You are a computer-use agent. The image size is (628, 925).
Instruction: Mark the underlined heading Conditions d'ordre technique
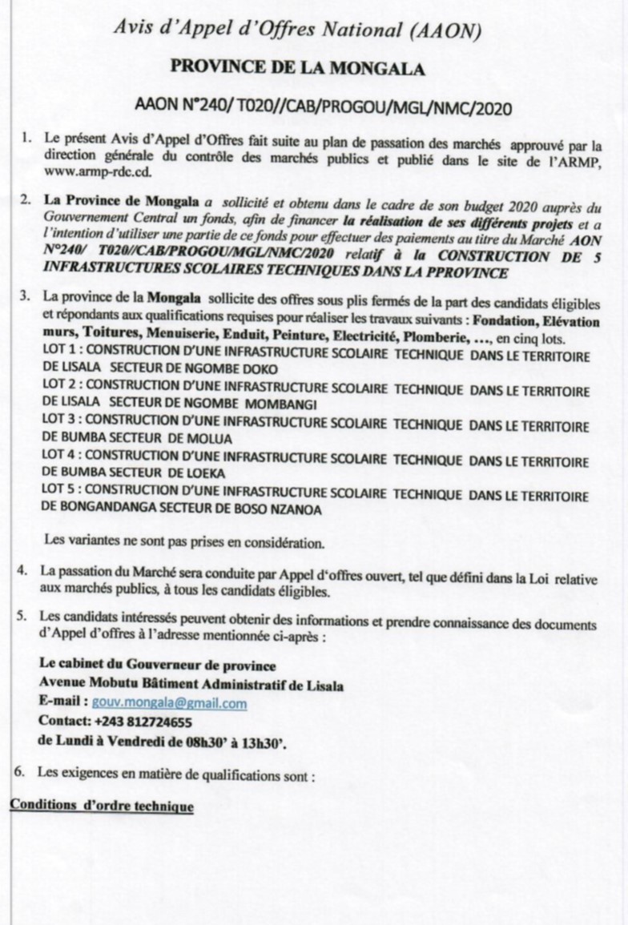pyautogui.click(x=102, y=805)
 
